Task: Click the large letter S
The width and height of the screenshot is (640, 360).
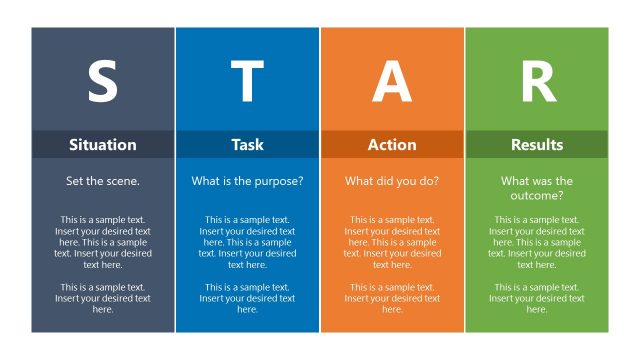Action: pos(102,82)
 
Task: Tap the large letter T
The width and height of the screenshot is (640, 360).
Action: pos(247,82)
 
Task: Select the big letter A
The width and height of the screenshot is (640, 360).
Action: pos(392,82)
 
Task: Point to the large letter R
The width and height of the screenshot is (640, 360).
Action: pos(537,82)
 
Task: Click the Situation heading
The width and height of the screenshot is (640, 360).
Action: pos(102,145)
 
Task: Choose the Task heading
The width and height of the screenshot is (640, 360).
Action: pos(247,145)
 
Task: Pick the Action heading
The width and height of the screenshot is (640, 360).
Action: pos(392,145)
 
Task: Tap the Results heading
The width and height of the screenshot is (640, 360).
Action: pos(537,145)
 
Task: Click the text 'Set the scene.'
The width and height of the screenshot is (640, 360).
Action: pos(102,181)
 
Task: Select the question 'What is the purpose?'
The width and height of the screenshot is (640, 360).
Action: pos(247,181)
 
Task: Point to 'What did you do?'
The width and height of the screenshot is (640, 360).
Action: pos(392,181)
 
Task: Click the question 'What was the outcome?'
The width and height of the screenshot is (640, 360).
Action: pos(537,188)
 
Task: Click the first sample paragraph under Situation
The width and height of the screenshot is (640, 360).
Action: pos(102,242)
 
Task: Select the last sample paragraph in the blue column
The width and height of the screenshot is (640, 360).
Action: pos(247,298)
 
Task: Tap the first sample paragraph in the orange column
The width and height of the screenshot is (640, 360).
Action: pos(392,242)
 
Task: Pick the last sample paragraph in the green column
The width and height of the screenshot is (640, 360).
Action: pos(537,298)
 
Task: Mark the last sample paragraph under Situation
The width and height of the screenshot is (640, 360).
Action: pos(102,298)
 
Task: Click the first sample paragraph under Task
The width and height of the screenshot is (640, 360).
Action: pos(247,242)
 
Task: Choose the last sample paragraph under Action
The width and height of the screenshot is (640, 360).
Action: pos(392,298)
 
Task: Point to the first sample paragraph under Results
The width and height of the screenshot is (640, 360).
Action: pos(537,242)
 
